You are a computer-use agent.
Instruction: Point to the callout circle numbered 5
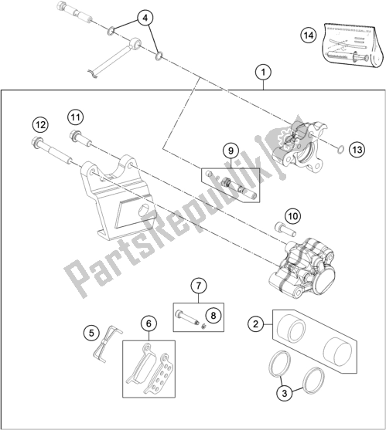pos(91,334)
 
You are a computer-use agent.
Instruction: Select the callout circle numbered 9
pos(230,151)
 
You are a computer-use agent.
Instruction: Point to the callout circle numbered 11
pos(74,117)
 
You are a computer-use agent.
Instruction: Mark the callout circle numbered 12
pos(39,123)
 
